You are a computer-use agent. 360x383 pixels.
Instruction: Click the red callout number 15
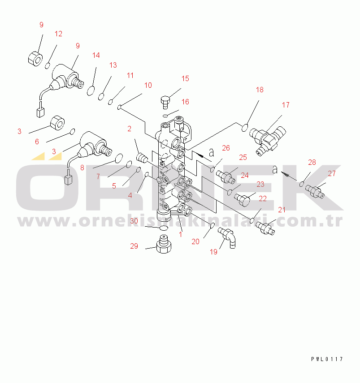coord(185,78)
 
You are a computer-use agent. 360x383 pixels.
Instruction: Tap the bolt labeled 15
coord(165,102)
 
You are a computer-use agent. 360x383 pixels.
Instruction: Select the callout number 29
coord(134,246)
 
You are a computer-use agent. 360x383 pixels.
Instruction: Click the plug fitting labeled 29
coord(164,244)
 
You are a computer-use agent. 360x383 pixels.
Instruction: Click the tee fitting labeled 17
coord(268,140)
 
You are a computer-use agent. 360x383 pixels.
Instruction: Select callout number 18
coord(260,90)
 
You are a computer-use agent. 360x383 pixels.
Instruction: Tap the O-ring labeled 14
coord(91,90)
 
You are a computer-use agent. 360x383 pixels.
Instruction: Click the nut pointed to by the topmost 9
coord(35,59)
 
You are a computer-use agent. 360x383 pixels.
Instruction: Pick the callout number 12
coord(58,34)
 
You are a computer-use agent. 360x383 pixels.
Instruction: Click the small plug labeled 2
coord(142,157)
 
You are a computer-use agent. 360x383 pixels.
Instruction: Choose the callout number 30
coord(134,221)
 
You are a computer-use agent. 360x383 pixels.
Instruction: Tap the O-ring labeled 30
coord(164,228)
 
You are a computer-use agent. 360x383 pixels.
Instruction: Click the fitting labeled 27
coord(315,192)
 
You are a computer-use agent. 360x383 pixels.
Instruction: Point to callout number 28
coord(312,162)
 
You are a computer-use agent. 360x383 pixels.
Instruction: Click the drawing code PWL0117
coord(327,359)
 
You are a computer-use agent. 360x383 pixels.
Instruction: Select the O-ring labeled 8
coord(119,158)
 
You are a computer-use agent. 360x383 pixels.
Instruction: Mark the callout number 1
coord(180,234)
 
